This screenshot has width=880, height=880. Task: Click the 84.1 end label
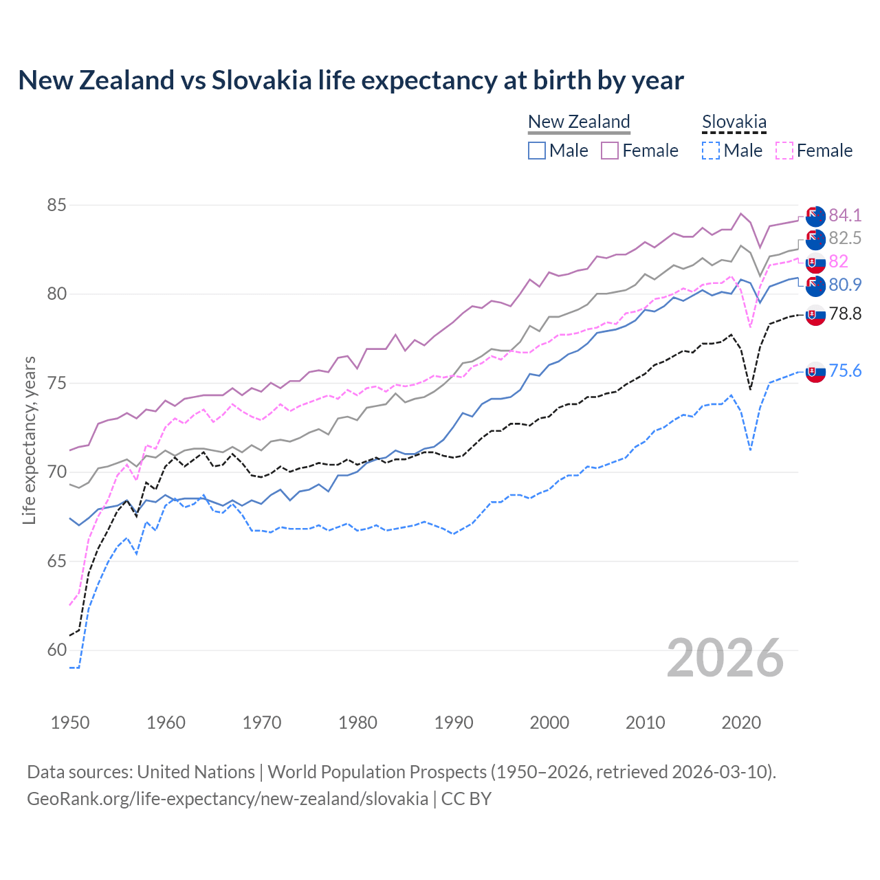(x=844, y=215)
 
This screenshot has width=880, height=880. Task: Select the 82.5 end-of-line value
(x=844, y=238)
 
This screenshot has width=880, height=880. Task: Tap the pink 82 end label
(x=838, y=261)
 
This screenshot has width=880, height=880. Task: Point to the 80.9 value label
(x=844, y=285)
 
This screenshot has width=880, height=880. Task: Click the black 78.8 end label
(x=844, y=314)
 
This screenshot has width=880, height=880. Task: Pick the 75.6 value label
(x=844, y=371)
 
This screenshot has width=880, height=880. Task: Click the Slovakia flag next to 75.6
(x=815, y=372)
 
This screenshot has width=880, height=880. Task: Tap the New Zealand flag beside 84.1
(x=815, y=216)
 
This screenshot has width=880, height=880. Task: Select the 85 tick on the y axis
(x=57, y=206)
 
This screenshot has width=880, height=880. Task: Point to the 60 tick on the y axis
(x=57, y=650)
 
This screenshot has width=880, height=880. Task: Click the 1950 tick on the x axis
(x=70, y=723)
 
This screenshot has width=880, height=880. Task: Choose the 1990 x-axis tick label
(x=454, y=723)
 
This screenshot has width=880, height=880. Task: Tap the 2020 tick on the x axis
(x=741, y=723)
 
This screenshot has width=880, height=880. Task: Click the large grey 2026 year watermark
(x=725, y=658)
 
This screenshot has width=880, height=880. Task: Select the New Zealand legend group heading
(x=579, y=122)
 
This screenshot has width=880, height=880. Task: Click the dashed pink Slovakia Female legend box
(x=784, y=151)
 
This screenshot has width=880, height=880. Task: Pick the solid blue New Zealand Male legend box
(x=537, y=151)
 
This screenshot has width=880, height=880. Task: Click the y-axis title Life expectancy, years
(x=29, y=440)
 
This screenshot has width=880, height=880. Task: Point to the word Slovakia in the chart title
(x=261, y=80)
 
